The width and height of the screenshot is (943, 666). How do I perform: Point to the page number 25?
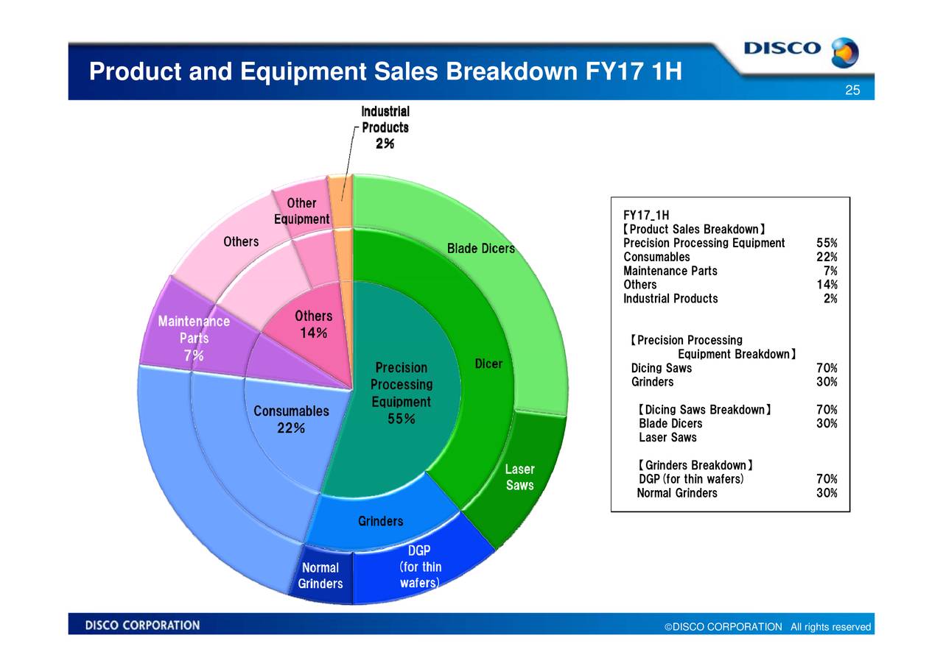pyautogui.click(x=852, y=91)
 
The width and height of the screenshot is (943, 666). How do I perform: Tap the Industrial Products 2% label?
pyautogui.click(x=385, y=127)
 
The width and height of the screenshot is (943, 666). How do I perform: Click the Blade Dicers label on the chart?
pyautogui.click(x=480, y=249)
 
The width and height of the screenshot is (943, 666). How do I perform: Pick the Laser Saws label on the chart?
pyautogui.click(x=519, y=477)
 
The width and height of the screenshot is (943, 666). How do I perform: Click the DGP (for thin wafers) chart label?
pyautogui.click(x=419, y=567)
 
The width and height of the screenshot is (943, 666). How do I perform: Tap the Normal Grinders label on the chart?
pyautogui.click(x=320, y=575)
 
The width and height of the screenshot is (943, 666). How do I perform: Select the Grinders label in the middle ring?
pyautogui.click(x=380, y=521)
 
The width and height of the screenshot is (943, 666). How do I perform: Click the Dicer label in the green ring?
pyautogui.click(x=488, y=364)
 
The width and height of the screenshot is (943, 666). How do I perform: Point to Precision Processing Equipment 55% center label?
pyautogui.click(x=401, y=393)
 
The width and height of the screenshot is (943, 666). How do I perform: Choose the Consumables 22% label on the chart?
pyautogui.click(x=291, y=419)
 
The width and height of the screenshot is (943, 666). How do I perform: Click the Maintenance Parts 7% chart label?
pyautogui.click(x=194, y=339)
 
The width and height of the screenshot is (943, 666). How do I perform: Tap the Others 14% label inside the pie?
pyautogui.click(x=313, y=325)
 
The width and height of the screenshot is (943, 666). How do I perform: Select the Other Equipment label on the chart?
pyautogui.click(x=301, y=211)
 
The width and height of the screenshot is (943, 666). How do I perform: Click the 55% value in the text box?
pyautogui.click(x=827, y=244)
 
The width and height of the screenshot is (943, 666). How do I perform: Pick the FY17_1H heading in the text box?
pyautogui.click(x=646, y=215)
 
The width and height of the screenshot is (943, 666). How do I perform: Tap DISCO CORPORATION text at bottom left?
pyautogui.click(x=142, y=626)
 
